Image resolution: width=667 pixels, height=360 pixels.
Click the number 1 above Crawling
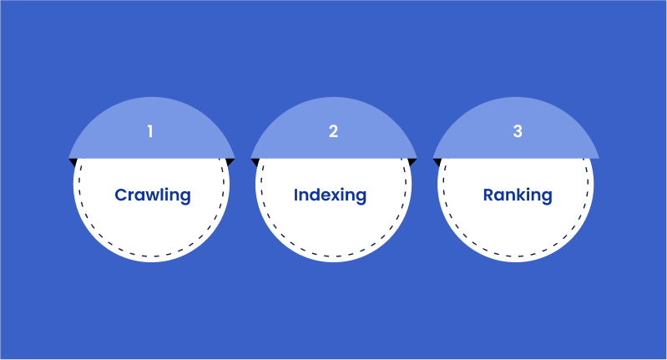(150, 131)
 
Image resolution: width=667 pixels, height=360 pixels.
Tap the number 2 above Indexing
(334, 131)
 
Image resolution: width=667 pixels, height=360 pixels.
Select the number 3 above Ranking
(518, 131)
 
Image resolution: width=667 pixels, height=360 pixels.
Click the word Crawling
(153, 195)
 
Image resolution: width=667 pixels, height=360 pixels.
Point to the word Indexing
(330, 195)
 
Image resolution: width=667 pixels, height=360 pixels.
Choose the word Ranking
(518, 195)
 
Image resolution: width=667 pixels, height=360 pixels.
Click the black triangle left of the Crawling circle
(73, 162)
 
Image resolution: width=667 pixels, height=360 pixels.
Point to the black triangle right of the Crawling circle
(230, 162)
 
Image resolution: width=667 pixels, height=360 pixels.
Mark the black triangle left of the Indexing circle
(255, 162)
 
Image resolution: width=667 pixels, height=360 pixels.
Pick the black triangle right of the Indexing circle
(412, 162)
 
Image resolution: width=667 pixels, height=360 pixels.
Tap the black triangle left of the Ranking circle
(437, 162)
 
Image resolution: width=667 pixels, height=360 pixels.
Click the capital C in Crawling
(121, 195)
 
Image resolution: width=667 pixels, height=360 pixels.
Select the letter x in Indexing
(334, 196)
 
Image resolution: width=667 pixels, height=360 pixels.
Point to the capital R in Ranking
(488, 195)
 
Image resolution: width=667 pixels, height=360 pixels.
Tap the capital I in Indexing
(296, 195)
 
